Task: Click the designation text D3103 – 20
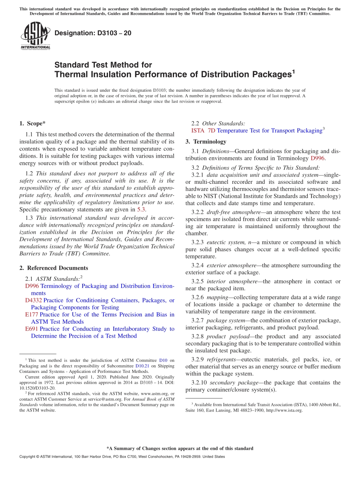coord(93,33)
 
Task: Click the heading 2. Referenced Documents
coord(53,268)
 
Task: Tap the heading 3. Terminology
coord(206,142)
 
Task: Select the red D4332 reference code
coord(34,300)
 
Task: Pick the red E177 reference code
coord(31,315)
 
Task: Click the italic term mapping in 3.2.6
coord(217,297)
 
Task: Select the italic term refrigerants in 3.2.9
coord(221,360)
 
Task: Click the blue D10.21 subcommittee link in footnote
coord(142,366)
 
